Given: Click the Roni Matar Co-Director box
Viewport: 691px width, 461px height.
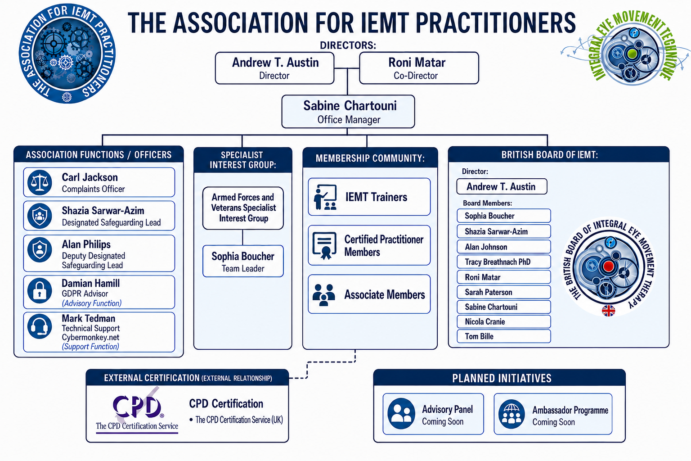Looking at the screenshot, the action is pos(419,68).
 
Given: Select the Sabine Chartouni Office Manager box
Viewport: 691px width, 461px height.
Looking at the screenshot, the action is pos(348,112).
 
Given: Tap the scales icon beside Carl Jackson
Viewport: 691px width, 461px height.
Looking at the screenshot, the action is pos(40,182).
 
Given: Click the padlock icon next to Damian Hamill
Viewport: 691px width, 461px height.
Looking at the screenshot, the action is pos(40,290).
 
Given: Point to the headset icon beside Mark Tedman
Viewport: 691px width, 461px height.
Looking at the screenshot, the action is pos(40,326).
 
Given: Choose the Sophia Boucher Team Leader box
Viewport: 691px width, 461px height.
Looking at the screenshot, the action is pos(243,261).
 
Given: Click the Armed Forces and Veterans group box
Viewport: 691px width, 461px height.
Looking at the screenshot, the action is pos(243,208).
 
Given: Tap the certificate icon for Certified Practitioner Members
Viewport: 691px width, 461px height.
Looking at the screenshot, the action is pos(324,245).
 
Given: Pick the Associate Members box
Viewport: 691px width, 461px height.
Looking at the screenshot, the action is pos(369,294).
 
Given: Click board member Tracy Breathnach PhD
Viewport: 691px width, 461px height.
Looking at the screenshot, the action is pos(503,262).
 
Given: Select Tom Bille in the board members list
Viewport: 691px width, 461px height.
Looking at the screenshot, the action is pos(503,336).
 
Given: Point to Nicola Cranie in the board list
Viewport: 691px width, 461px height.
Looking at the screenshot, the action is pos(503,321).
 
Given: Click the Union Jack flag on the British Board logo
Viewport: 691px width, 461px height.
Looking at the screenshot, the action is pos(608,311).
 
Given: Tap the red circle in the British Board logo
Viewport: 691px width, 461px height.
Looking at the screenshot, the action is pos(608,266).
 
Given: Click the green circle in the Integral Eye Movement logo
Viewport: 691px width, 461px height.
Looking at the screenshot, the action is pos(632,54).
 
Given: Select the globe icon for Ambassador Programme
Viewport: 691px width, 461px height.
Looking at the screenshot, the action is pos(512,414).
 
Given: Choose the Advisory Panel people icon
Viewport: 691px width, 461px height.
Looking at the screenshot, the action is pos(401,414).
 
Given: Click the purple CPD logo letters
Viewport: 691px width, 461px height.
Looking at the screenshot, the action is pos(137,407).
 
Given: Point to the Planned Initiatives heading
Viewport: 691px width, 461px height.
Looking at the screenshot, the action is pos(502,378).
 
